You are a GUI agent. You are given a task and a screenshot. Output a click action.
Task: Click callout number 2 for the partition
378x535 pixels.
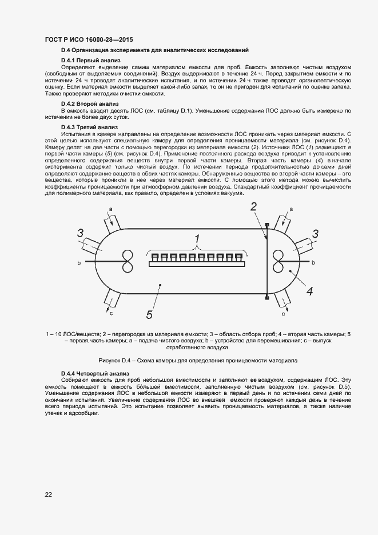point(253,207)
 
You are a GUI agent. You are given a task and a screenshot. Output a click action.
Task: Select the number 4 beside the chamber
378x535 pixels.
point(309,291)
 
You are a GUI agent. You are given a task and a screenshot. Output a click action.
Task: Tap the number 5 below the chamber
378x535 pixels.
point(149,314)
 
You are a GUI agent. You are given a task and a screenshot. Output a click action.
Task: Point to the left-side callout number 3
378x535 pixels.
point(81,233)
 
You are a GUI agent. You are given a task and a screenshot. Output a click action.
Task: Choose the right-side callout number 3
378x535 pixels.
point(315,233)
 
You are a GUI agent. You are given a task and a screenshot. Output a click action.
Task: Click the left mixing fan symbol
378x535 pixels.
point(127,262)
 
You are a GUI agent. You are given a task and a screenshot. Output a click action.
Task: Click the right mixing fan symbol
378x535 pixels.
point(280,262)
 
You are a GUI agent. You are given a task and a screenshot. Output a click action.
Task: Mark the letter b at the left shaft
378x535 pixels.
point(79,262)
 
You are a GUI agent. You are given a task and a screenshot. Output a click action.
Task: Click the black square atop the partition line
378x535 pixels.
point(267,223)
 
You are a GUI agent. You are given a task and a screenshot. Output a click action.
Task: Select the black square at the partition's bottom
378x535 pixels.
point(267,298)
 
